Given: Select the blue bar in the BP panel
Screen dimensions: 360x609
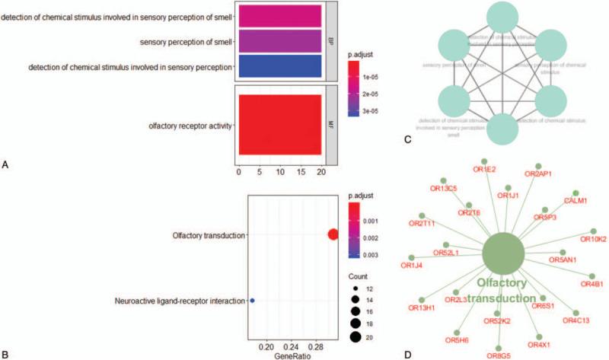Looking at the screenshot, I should (279, 66).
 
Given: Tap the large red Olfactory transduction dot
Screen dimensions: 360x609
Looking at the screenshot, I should (333, 235).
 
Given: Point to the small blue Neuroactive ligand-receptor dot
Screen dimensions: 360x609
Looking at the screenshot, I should (252, 301).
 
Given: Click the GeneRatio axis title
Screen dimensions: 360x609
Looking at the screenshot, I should (292, 355).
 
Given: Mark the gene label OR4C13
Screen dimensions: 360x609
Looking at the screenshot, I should (576, 320).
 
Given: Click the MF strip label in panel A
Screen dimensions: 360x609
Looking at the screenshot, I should (330, 124).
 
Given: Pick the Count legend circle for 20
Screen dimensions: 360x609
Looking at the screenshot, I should (356, 336).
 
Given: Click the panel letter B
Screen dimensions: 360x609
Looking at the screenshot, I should (5, 354).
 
